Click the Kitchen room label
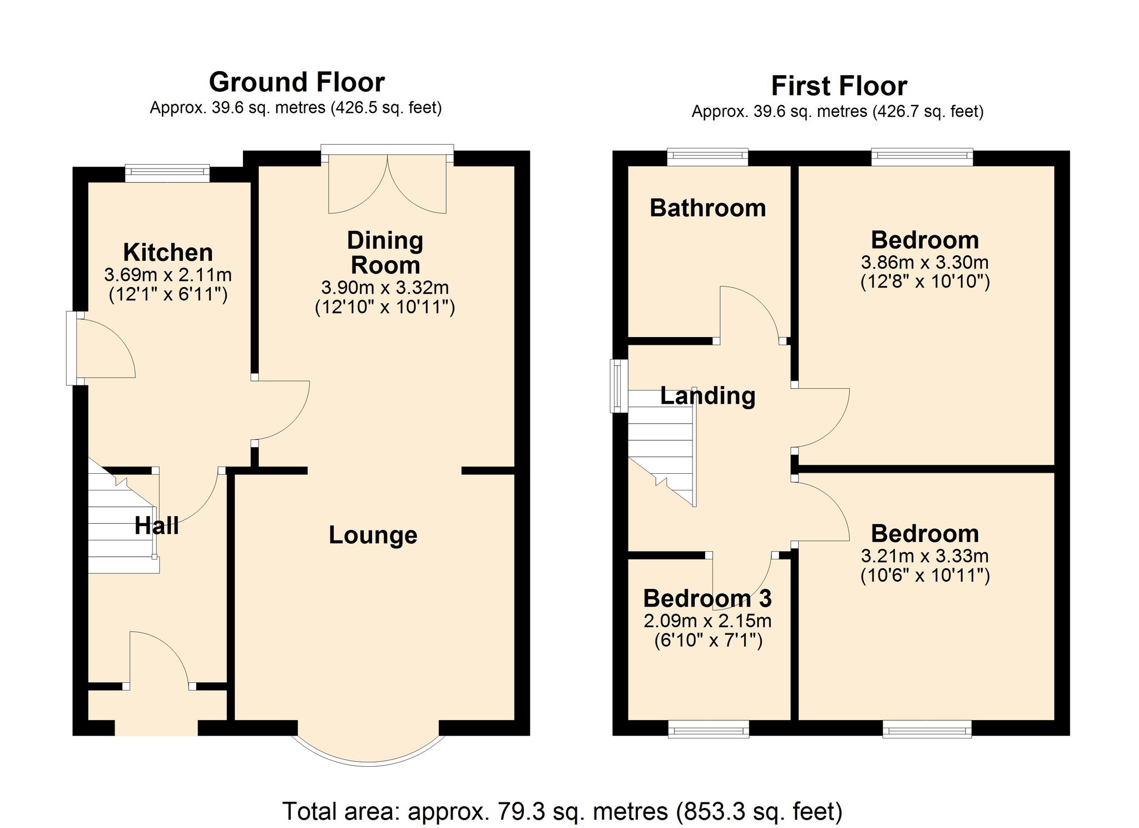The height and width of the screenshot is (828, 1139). pyautogui.click(x=168, y=252)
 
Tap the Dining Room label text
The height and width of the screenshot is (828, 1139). pyautogui.click(x=385, y=253)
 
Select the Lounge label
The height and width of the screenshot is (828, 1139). pyautogui.click(x=373, y=535)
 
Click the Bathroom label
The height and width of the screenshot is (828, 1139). pyautogui.click(x=708, y=208)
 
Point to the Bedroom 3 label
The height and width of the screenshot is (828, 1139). pyautogui.click(x=707, y=598)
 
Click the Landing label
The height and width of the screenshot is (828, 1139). pyautogui.click(x=708, y=396)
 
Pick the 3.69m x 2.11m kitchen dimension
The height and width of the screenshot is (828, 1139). pyautogui.click(x=168, y=275)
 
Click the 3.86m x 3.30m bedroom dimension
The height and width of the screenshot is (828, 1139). pyautogui.click(x=925, y=262)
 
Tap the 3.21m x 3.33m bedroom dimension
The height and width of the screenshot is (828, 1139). pyautogui.click(x=925, y=556)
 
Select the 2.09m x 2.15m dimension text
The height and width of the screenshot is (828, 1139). pyautogui.click(x=707, y=621)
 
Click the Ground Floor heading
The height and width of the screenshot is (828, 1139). pyautogui.click(x=297, y=82)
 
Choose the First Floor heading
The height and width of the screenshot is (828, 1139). pyautogui.click(x=839, y=86)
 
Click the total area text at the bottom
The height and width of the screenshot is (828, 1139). pyautogui.click(x=562, y=811)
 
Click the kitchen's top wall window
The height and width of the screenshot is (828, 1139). pyautogui.click(x=167, y=173)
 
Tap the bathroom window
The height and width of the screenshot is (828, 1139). pyautogui.click(x=707, y=157)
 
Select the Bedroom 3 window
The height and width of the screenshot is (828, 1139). pyautogui.click(x=709, y=729)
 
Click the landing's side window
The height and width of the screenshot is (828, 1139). pyautogui.click(x=619, y=386)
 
